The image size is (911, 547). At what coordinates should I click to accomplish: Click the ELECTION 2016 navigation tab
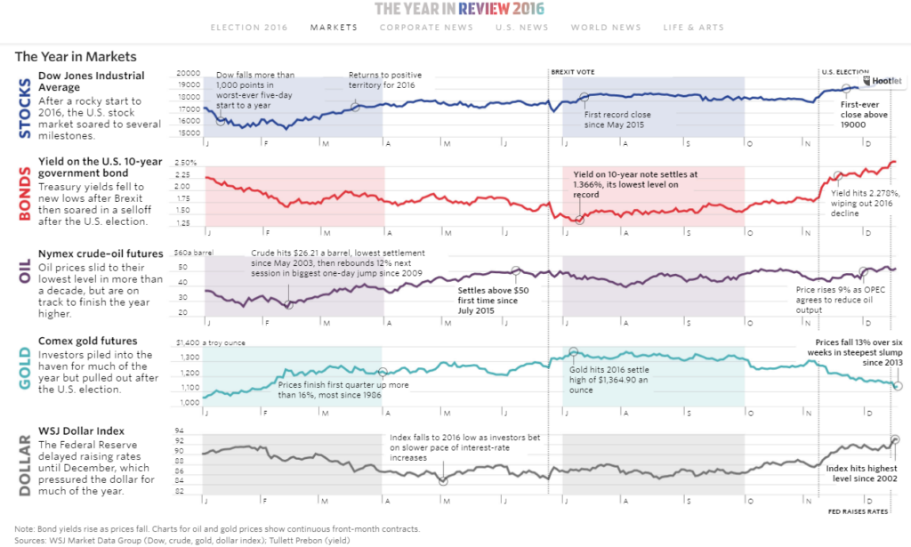249,28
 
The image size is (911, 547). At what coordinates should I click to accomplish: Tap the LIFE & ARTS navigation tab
693,28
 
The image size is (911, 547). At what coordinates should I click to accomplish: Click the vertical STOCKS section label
24,109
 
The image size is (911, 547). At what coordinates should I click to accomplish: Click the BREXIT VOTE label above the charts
573,71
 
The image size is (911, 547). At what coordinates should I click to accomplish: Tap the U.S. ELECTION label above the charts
844,71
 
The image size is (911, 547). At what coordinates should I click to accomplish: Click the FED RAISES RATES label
859,511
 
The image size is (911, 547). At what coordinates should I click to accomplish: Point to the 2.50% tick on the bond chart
186,163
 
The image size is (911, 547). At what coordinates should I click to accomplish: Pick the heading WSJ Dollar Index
81,431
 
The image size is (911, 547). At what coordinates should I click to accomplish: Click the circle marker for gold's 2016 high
573,352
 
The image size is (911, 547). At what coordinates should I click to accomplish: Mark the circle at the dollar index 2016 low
443,481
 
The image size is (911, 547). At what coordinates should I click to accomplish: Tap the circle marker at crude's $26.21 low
288,305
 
